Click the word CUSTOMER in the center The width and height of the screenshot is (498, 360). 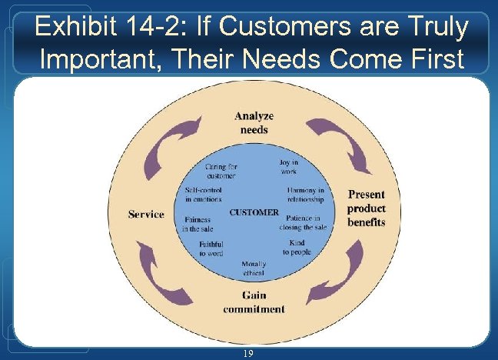tap(254, 212)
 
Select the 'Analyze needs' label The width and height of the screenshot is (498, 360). tap(254, 122)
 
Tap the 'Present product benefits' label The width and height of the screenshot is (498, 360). tap(366, 208)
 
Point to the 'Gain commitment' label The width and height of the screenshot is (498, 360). tap(254, 302)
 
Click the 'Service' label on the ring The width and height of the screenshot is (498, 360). tap(146, 214)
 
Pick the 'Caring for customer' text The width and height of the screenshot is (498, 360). tap(221, 171)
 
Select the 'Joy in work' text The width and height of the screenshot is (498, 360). tap(288, 167)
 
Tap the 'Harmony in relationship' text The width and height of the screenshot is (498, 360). tap(305, 195)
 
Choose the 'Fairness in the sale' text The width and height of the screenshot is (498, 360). tap(198, 224)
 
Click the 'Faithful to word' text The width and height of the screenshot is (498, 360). tap(211, 248)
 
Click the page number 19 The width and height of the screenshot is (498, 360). tap(248, 353)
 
